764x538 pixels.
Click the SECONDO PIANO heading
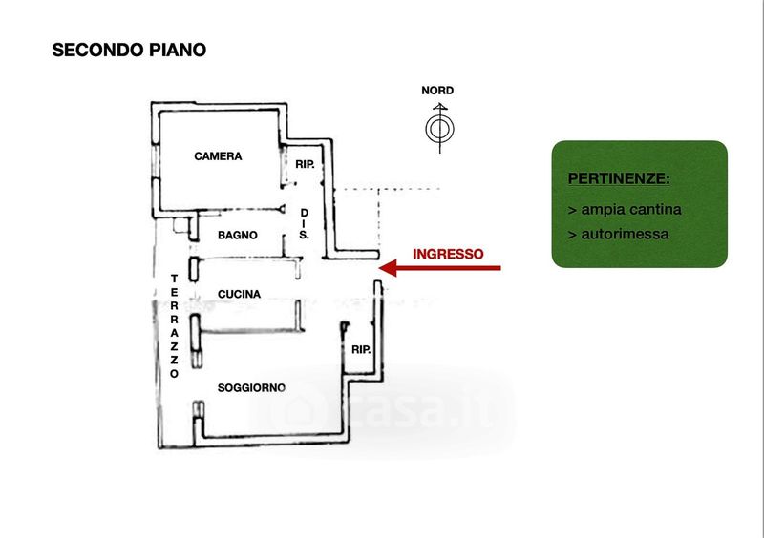pos(129,50)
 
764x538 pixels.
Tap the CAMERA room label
pos(218,156)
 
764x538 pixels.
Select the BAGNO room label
pos(237,236)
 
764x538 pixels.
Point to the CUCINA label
pos(239,294)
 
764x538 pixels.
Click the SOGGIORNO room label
pos(251,387)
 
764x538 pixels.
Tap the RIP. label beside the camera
pos(305,165)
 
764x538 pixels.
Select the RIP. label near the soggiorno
pos(361,349)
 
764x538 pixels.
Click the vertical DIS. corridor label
pos(304,224)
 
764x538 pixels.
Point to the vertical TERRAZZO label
pos(174,326)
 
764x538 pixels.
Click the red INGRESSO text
pos(448,254)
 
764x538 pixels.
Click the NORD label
pos(437,91)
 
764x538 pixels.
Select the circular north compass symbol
pos(439,129)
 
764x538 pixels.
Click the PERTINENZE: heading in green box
pos(618,178)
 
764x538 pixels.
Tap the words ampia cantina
pos(631,209)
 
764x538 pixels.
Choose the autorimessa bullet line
pos(618,235)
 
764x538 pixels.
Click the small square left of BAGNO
pos(180,225)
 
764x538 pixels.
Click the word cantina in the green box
pos(655,209)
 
